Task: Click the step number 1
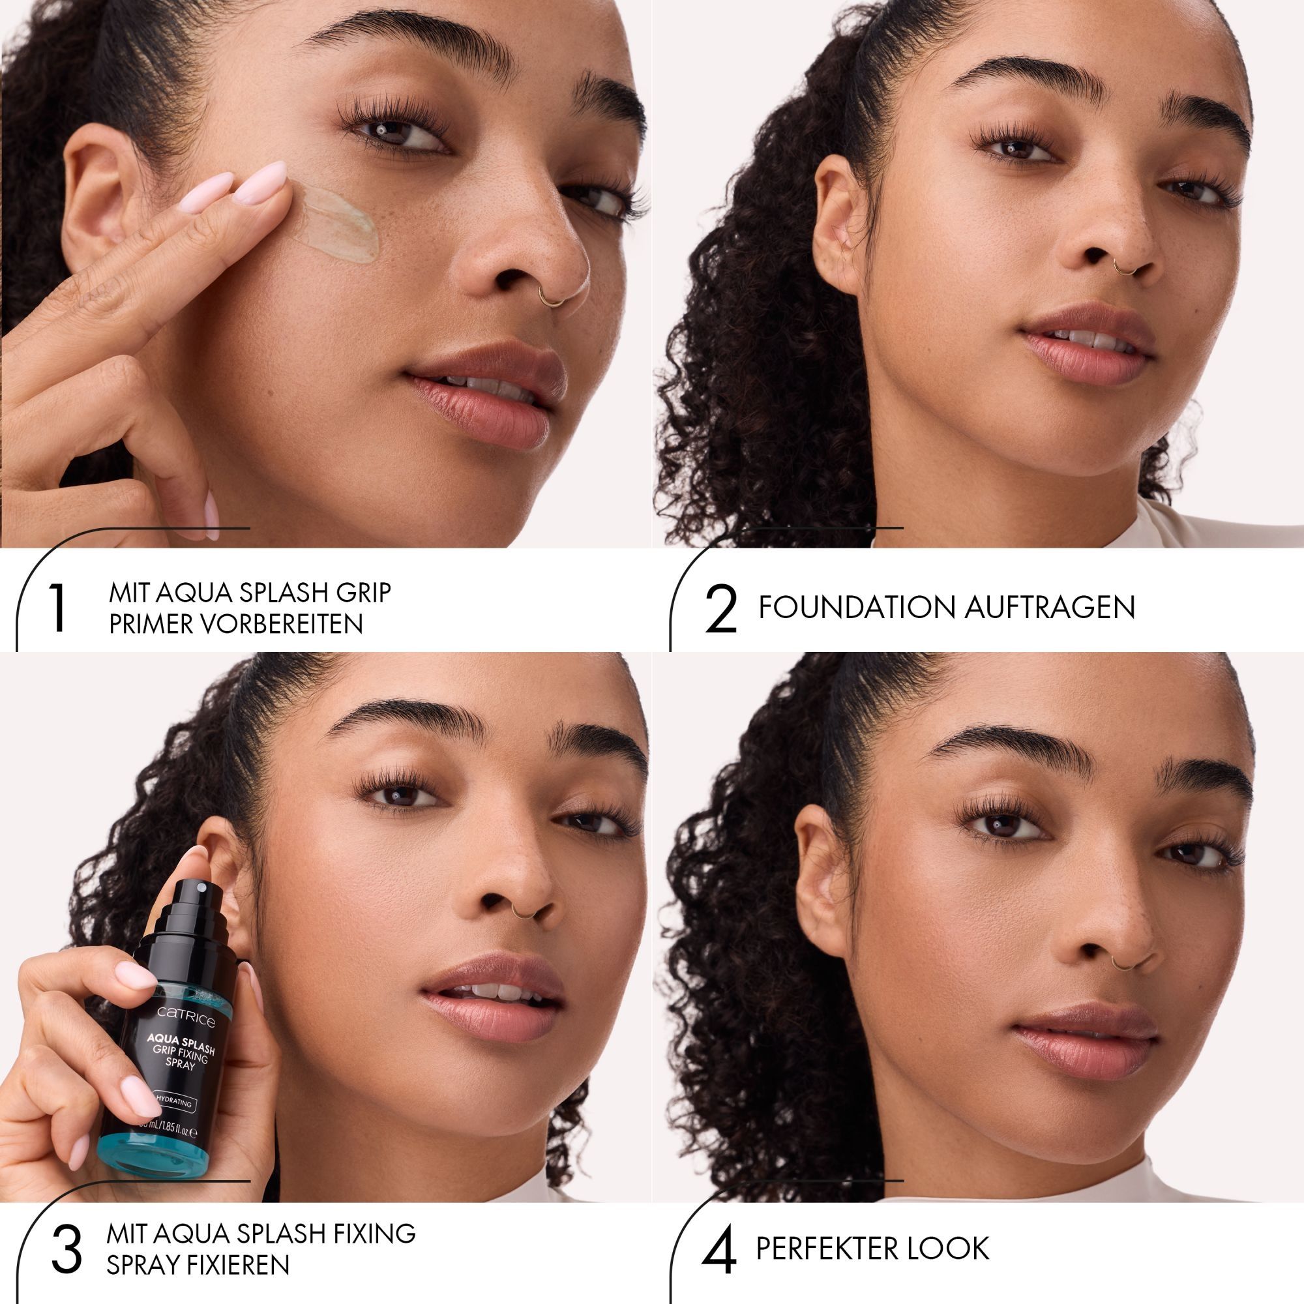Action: [x=59, y=608]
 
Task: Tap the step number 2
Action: [x=721, y=609]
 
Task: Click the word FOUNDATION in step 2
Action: [x=857, y=608]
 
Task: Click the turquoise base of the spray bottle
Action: [x=158, y=1161]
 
